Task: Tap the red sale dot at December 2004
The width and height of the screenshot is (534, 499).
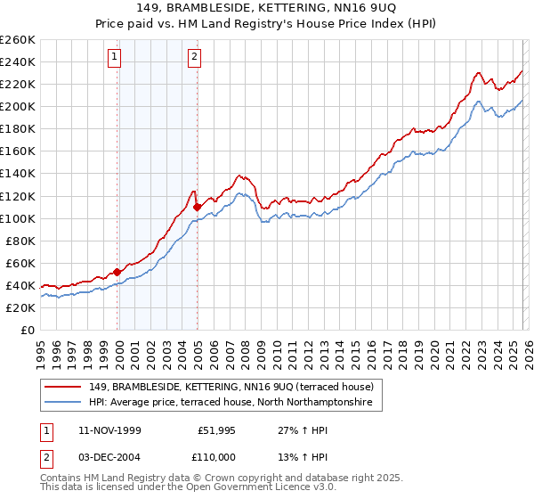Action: point(197,207)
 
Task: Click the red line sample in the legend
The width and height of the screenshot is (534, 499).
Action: point(63,386)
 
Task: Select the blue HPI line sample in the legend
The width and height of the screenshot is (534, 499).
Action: point(63,404)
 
